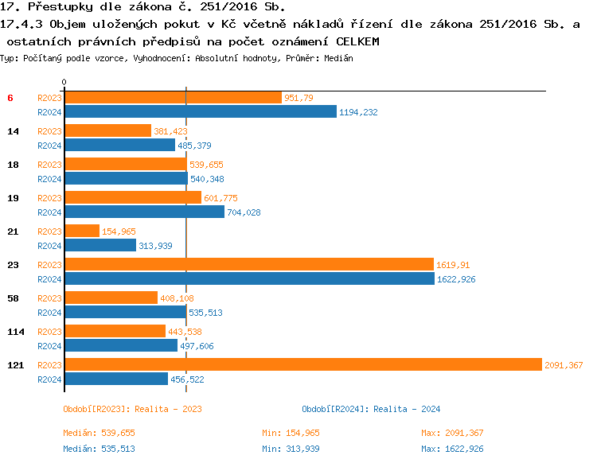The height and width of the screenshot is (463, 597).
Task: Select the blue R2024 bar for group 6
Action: click(x=201, y=111)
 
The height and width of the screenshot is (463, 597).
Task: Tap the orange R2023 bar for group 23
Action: click(x=248, y=264)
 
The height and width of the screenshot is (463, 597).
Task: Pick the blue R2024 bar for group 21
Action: click(x=100, y=245)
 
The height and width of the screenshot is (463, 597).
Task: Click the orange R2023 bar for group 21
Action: click(x=82, y=231)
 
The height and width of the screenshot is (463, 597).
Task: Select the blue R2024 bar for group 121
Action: click(x=116, y=379)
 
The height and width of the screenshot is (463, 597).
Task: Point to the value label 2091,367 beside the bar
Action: click(x=564, y=365)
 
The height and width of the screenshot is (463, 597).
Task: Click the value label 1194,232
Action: click(x=358, y=112)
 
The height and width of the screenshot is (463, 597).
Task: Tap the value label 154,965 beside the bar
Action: click(x=119, y=231)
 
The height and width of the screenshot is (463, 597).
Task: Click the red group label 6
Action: click(x=10, y=98)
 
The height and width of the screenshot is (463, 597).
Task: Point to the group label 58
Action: click(x=13, y=298)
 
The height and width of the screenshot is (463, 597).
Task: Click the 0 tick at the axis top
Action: click(x=64, y=82)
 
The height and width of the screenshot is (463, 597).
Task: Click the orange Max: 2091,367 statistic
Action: click(x=452, y=433)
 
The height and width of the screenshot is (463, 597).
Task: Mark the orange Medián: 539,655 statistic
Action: click(x=99, y=433)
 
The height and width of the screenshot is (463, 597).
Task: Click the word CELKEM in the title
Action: click(x=357, y=40)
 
